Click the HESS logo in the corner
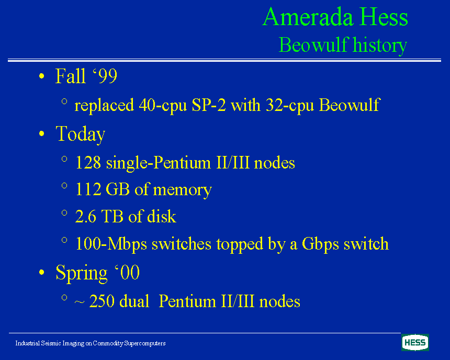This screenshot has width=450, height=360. tap(415, 342)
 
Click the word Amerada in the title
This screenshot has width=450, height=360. tap(308, 17)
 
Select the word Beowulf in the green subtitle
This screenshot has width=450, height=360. tap(313, 45)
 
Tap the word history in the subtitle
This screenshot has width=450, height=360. tap(380, 46)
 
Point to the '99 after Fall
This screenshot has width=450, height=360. tap(105, 76)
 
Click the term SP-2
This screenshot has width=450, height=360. tap(209, 105)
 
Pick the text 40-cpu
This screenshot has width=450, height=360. tap(163, 106)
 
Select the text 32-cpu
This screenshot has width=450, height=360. tap(290, 106)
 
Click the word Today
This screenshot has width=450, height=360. tap(81, 134)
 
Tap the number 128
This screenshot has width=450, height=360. tap(88, 163)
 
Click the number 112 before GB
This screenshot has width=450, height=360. tap(88, 189)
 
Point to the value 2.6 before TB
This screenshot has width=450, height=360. tap(85, 217)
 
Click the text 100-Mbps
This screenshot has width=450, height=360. tap(111, 244)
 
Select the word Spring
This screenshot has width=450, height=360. tap(82, 273)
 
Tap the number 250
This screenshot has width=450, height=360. tap(102, 301)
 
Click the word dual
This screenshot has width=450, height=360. tap(134, 301)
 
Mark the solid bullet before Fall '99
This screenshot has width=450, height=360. tap(42, 76)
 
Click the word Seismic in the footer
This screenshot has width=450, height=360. tap(51, 343)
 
